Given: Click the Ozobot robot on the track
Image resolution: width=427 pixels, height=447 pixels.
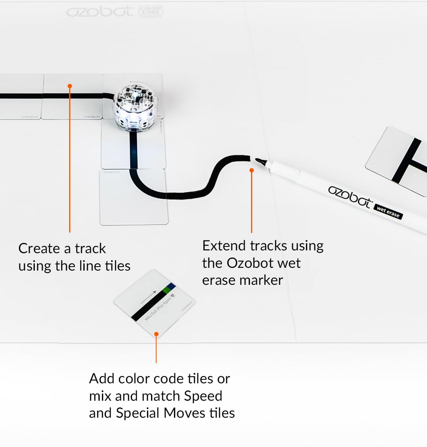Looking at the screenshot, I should pyautogui.click(x=134, y=106).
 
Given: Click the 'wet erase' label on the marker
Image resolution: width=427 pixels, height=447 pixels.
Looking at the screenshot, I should pyautogui.click(x=388, y=212).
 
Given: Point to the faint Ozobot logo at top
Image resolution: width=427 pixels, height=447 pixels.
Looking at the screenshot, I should pyautogui.click(x=100, y=11).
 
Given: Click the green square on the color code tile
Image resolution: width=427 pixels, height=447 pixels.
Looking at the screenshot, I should pyautogui.click(x=166, y=290).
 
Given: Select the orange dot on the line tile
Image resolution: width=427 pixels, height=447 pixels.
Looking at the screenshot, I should pyautogui.click(x=70, y=86).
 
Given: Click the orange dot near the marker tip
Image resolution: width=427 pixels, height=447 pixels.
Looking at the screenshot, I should pyautogui.click(x=251, y=170).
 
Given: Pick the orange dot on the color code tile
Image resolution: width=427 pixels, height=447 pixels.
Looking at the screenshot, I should pyautogui.click(x=156, y=334).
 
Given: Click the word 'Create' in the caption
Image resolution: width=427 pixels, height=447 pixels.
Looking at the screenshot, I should pyautogui.click(x=39, y=248).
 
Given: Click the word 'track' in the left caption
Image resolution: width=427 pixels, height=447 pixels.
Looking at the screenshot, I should pyautogui.click(x=91, y=248).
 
